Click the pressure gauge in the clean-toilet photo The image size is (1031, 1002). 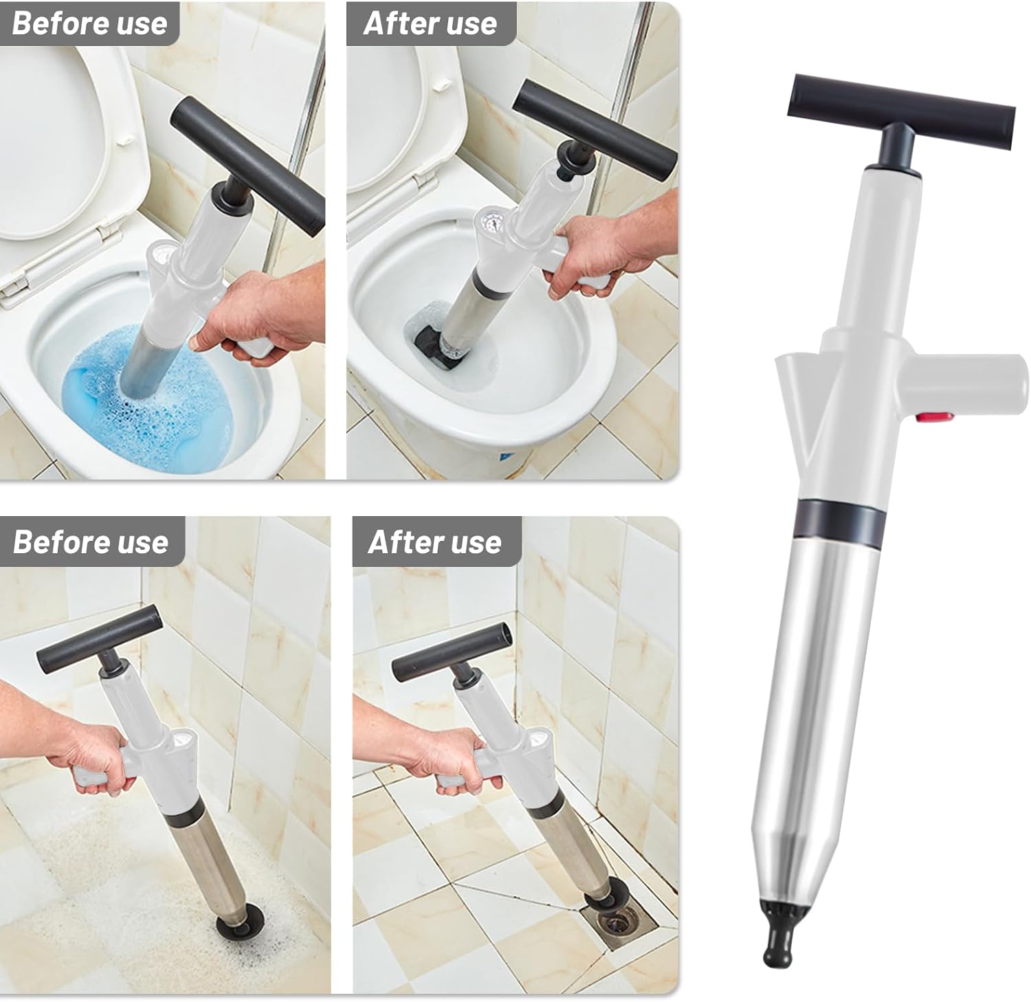click(x=490, y=226)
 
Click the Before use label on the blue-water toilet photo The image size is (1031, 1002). click(x=89, y=23)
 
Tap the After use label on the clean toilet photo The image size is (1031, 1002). click(x=430, y=23)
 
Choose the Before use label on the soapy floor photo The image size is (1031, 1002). click(x=91, y=542)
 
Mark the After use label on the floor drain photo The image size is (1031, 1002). click(x=435, y=542)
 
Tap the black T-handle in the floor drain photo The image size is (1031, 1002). click(x=452, y=650)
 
